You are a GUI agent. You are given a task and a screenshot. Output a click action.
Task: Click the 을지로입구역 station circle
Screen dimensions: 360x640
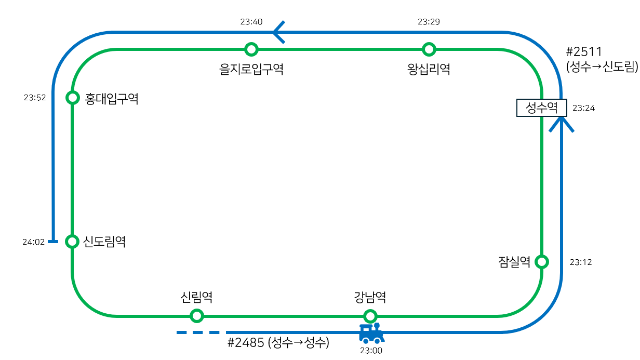click(x=251, y=49)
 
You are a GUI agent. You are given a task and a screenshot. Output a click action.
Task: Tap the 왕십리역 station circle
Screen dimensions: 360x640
click(x=429, y=49)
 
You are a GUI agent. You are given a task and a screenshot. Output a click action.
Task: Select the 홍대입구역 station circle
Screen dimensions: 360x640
click(x=73, y=97)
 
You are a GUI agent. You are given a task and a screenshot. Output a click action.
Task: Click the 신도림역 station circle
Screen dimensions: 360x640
click(x=72, y=241)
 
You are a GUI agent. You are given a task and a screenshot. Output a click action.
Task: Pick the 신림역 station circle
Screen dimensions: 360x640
click(x=196, y=315)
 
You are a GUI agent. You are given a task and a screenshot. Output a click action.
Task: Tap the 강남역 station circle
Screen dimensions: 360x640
click(x=370, y=315)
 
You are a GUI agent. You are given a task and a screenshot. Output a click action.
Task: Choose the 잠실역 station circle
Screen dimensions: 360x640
click(x=542, y=261)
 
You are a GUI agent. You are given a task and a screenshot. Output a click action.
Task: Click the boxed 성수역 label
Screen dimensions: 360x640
click(x=541, y=108)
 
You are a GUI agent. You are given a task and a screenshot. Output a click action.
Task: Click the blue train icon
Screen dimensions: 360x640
click(x=371, y=333)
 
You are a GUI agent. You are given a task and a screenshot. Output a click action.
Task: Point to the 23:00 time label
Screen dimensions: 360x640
click(x=371, y=351)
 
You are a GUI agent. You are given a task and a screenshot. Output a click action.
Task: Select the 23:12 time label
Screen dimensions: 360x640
click(x=580, y=262)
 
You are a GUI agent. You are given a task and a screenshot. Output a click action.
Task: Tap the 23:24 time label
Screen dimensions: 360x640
click(x=583, y=108)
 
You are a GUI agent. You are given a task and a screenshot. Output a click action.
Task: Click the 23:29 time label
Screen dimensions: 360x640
click(x=429, y=22)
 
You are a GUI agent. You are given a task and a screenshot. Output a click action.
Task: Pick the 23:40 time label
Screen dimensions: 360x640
click(x=251, y=22)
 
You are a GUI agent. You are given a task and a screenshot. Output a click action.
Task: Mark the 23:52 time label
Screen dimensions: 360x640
click(x=35, y=97)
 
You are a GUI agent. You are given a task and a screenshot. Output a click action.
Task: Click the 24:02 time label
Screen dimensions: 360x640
click(x=33, y=242)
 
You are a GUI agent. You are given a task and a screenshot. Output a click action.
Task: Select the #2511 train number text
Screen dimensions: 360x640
click(x=584, y=52)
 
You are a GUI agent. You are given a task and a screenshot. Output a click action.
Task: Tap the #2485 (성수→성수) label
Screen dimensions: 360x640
click(x=278, y=343)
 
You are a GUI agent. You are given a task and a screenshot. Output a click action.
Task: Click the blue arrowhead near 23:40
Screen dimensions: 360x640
click(x=278, y=32)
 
